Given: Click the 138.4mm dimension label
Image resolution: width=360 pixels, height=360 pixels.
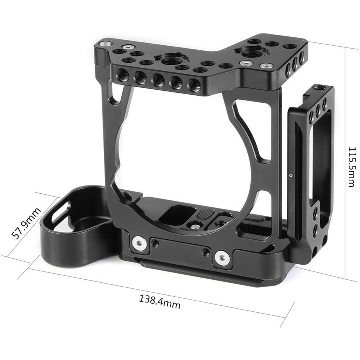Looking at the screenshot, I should (160, 301).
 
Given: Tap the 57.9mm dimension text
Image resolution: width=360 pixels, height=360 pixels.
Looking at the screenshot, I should (26, 223).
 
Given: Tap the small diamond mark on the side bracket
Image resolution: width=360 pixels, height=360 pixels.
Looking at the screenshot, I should (291, 176).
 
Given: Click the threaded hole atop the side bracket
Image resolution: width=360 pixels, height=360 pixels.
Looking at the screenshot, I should (317, 87).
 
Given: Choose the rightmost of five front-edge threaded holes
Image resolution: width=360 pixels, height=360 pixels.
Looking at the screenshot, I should (194, 86).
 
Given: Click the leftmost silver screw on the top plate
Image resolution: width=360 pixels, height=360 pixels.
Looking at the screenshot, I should (105, 44).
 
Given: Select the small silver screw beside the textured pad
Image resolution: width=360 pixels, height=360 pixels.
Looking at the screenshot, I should (193, 226).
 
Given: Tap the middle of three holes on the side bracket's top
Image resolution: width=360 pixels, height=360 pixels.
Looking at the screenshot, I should (318, 110).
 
